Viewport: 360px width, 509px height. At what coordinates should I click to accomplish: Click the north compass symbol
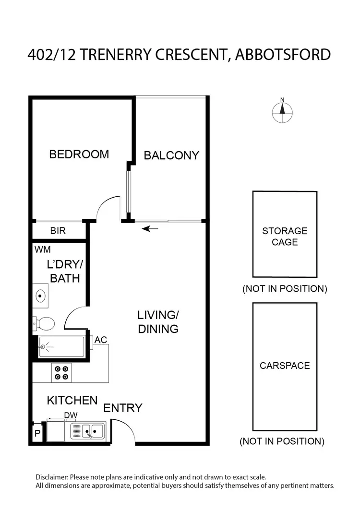[282, 111]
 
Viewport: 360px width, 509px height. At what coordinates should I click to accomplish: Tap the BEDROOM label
[79, 154]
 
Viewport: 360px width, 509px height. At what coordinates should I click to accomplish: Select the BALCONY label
[171, 155]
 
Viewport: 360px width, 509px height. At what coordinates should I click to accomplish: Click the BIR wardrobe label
[58, 231]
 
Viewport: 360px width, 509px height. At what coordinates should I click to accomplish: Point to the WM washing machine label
[42, 249]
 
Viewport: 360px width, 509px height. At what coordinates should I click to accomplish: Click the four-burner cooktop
[61, 373]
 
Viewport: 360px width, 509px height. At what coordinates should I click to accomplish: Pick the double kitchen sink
[88, 431]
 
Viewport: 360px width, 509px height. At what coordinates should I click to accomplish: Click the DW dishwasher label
[71, 415]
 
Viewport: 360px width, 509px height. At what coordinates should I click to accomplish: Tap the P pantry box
[37, 434]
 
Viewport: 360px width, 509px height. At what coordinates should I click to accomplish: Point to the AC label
[101, 340]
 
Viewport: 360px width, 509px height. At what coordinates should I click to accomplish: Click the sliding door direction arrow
[151, 229]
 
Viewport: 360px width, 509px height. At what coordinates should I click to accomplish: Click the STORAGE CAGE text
[285, 237]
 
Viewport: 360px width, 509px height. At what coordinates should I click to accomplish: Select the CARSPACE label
[285, 366]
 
